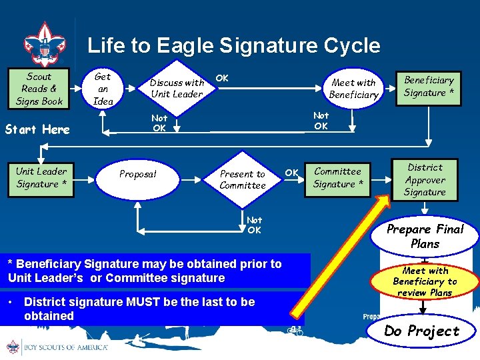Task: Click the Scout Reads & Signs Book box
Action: (39, 89)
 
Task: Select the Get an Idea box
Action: (103, 89)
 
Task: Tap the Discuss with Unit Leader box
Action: (177, 89)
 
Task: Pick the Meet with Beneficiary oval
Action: (354, 89)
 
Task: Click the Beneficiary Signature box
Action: (429, 87)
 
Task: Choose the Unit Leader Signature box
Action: (41, 178)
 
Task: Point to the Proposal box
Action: (137, 174)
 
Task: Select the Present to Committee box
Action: (243, 179)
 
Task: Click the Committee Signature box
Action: (338, 178)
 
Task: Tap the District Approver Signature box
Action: (425, 180)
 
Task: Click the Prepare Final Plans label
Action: (425, 236)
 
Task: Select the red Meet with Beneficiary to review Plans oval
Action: (425, 281)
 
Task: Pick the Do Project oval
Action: (422, 331)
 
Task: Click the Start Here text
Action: (37, 129)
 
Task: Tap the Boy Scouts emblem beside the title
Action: (45, 44)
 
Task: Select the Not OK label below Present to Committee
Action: (254, 225)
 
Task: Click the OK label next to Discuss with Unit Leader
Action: (222, 78)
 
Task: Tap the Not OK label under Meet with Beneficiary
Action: (321, 121)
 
